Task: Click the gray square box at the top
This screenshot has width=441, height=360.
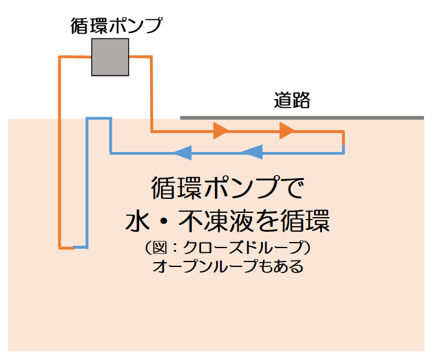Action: point(110,57)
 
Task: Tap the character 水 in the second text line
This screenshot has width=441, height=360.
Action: point(138,220)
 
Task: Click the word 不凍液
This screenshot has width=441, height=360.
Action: point(219,220)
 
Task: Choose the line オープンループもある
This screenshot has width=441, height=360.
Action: point(228,266)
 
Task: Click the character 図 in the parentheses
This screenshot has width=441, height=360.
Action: point(160,248)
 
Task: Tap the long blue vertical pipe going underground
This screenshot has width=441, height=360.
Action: point(87,182)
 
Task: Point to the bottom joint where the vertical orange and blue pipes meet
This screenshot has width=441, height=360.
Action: point(73,247)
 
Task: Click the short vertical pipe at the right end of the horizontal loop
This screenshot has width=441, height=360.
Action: point(343,142)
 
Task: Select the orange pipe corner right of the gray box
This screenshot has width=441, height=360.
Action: point(150,58)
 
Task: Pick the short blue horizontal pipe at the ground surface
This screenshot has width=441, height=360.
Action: point(98,118)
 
